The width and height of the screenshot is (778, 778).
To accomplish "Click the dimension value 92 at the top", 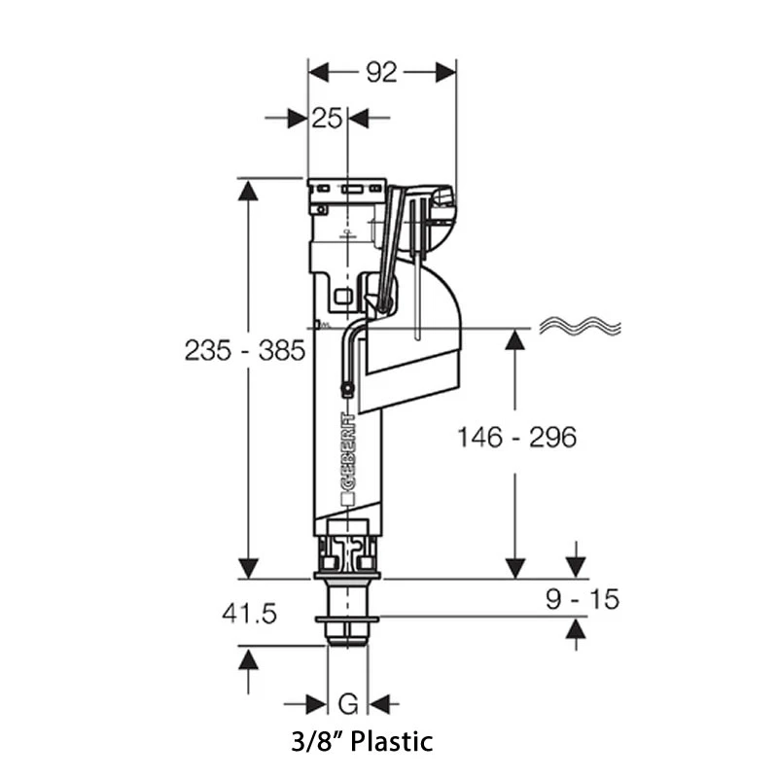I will (381, 72).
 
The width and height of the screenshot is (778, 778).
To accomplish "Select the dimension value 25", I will (328, 119).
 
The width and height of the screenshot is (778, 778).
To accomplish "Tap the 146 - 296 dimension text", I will (517, 438).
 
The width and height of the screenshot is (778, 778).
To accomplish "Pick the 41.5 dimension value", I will (250, 614).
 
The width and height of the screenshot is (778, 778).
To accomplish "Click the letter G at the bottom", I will (347, 702).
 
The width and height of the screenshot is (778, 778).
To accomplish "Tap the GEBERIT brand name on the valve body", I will (348, 457).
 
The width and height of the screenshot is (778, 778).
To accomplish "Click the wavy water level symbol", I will (580, 328).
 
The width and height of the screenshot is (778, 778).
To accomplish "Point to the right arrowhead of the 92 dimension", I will (444, 72).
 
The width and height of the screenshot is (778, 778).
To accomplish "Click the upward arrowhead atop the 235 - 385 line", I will (249, 191).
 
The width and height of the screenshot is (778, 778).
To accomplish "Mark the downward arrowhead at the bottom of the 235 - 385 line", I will (249, 567).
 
